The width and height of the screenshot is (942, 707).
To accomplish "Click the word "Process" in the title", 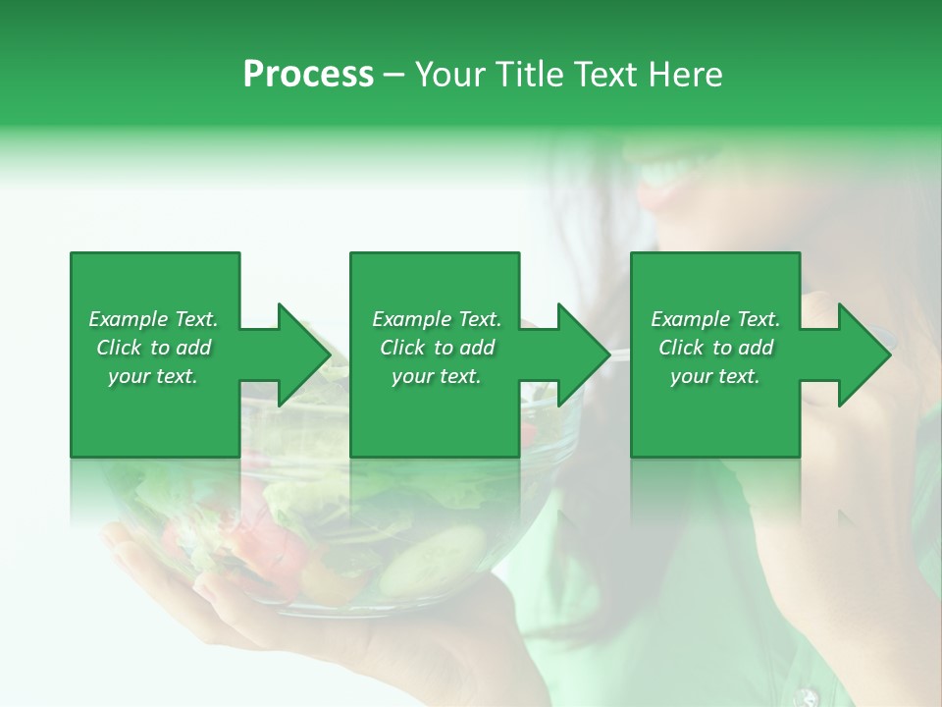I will point(308,75).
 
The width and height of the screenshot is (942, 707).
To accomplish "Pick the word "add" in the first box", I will point(193,348).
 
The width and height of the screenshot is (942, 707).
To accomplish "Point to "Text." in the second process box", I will point(480,319).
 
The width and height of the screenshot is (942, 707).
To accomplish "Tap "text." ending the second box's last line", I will point(459,376).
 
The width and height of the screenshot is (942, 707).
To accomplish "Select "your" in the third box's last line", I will point(691,376).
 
